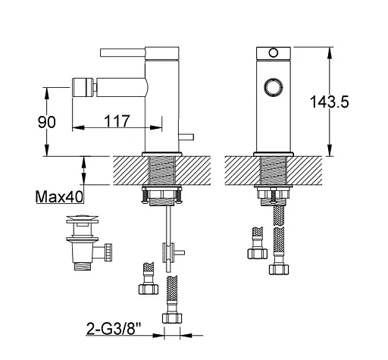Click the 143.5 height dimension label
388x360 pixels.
pos(329,102)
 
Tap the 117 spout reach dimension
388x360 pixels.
pos(117,121)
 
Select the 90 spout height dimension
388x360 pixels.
pos(47,122)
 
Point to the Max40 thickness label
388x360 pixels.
pos(59,196)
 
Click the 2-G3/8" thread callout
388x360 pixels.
pos(114,328)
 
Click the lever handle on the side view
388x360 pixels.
pos(123,52)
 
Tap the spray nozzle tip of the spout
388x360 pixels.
pos(84,87)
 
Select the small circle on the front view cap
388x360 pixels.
pos(274,53)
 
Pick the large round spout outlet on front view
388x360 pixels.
pos(273,88)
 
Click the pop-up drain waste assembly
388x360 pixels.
pos(89,243)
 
